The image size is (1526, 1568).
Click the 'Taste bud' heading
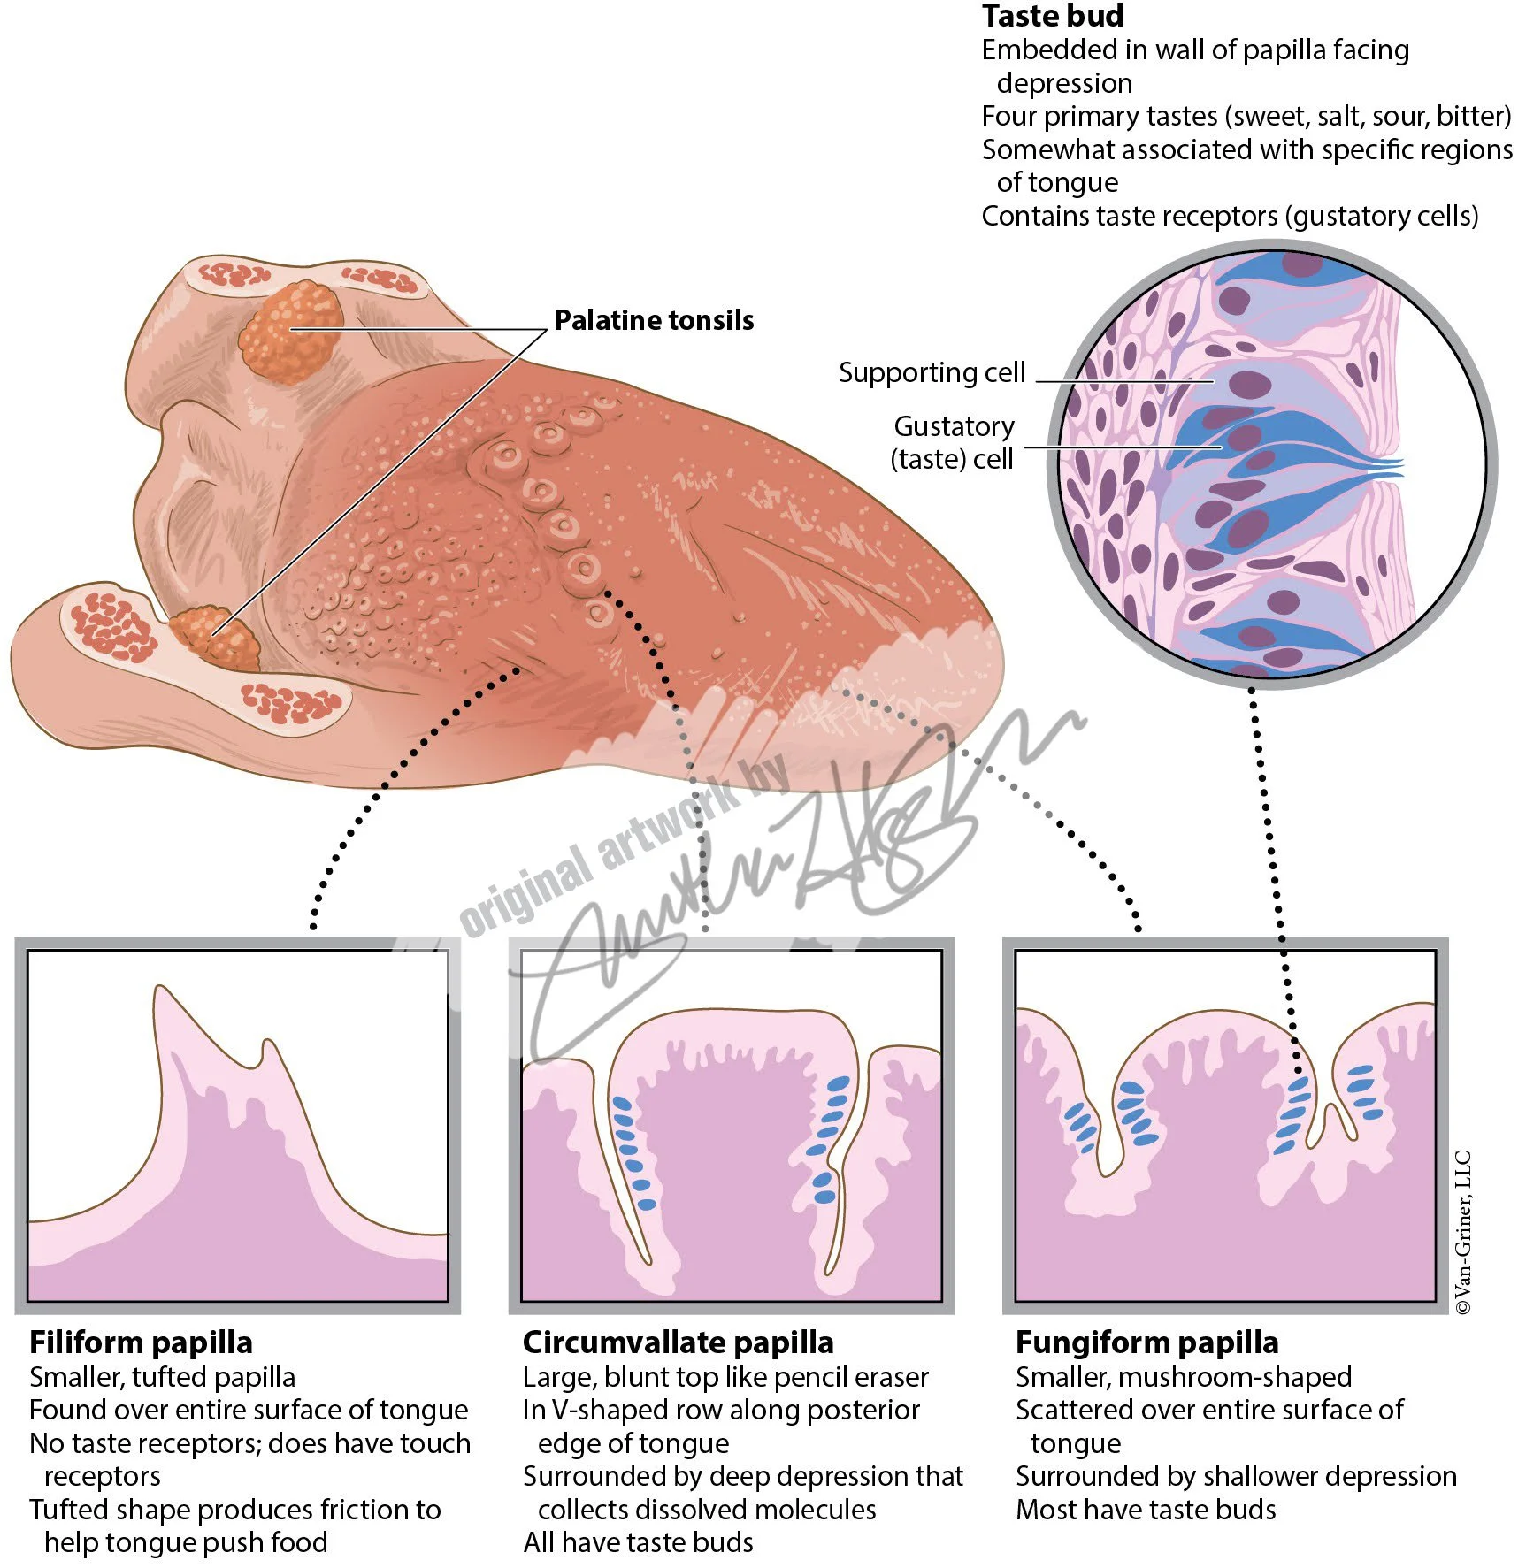[x=1053, y=16]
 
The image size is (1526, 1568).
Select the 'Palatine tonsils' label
[x=654, y=320]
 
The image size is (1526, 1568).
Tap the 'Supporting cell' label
[x=932, y=372]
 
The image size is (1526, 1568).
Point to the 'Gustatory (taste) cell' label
[x=953, y=442]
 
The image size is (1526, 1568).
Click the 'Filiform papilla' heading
[x=141, y=1342]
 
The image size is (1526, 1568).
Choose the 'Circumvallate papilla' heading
[x=678, y=1342]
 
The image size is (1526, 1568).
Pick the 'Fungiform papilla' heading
[x=1146, y=1342]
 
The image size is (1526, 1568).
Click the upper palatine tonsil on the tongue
[x=292, y=330]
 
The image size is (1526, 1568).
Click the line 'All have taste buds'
[x=638, y=1542]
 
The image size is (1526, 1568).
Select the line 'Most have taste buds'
[x=1146, y=1510]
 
